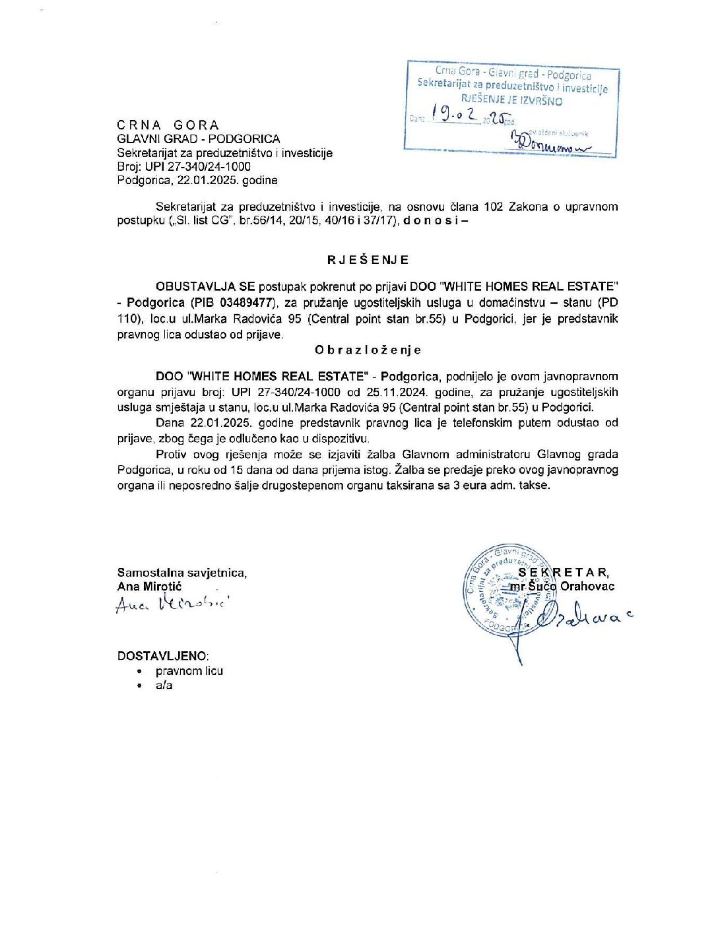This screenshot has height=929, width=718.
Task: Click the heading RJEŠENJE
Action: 368,259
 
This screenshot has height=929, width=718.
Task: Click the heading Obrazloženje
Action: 368,350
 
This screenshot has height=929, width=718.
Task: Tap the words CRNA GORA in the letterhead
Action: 168,125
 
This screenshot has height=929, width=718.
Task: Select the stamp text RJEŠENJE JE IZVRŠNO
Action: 511,100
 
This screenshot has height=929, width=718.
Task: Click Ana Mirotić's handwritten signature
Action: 173,603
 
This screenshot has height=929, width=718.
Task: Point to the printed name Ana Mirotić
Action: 149,586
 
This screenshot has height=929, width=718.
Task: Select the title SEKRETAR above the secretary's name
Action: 564,572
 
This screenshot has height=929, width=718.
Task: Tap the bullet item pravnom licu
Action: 189,670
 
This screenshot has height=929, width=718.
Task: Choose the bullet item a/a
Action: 164,685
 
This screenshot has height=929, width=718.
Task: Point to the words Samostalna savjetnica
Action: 182,573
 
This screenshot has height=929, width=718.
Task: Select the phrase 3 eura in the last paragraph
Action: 461,485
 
